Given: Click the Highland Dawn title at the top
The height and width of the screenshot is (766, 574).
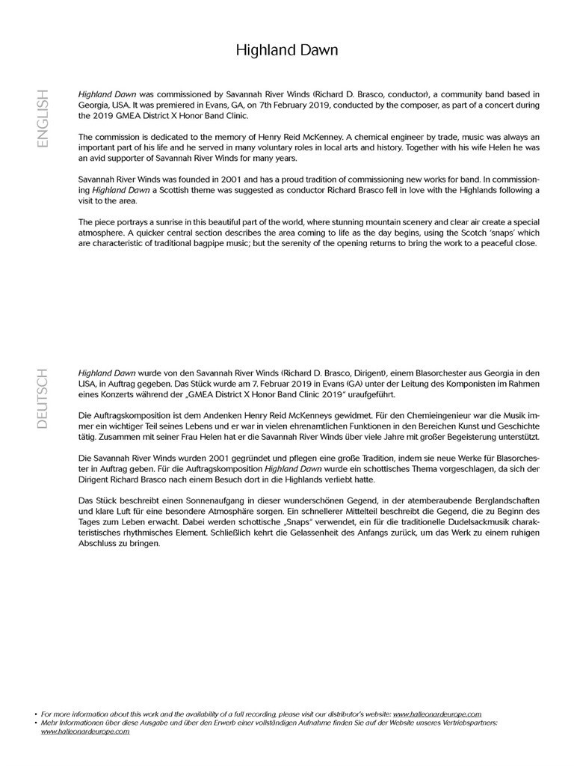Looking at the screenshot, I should tap(287, 50).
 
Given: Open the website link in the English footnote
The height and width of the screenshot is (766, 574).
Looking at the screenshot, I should tap(437, 714).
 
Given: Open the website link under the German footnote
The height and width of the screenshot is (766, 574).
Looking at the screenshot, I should tap(85, 732).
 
